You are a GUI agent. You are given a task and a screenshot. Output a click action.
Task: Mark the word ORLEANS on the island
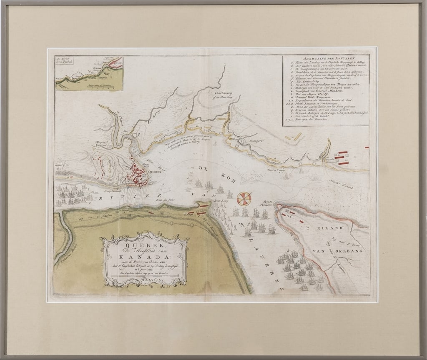point(343,252)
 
